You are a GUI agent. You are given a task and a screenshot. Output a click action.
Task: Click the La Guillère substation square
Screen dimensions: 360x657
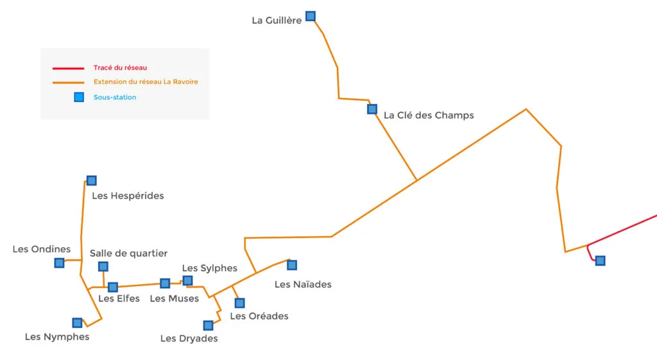[311, 16]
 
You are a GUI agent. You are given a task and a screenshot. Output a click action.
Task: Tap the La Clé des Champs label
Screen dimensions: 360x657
[429, 116]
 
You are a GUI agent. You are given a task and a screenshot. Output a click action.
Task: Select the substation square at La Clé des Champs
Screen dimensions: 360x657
[372, 109]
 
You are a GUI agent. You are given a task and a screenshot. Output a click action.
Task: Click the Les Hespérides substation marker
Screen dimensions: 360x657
[92, 181]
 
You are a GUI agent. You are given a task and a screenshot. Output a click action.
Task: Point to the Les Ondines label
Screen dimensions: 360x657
[42, 249]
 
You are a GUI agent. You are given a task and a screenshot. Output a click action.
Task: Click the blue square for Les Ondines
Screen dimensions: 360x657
[60, 262]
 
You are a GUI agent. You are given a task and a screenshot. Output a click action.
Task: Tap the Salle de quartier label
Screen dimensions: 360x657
[128, 253]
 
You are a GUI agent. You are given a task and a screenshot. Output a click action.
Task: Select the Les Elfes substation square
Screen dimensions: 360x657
[113, 287]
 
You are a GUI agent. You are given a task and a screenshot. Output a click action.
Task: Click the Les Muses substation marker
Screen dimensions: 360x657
[165, 284]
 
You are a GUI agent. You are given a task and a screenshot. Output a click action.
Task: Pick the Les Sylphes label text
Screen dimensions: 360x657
[210, 268]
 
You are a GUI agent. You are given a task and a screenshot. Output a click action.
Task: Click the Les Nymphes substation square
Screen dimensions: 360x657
[78, 323]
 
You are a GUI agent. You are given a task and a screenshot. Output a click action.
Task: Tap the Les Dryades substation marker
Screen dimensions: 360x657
[209, 325]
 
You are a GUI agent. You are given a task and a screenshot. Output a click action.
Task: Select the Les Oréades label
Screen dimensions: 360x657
[259, 316]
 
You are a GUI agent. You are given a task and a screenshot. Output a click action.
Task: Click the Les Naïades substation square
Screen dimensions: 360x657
[292, 265]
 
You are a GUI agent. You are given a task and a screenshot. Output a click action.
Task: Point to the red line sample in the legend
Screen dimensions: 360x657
[68, 67]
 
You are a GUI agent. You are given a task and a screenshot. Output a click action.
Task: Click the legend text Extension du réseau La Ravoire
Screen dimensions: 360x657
[146, 82]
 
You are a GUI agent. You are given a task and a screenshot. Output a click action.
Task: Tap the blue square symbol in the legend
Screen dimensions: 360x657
[79, 98]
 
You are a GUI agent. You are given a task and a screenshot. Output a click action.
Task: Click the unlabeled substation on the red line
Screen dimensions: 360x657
[600, 261]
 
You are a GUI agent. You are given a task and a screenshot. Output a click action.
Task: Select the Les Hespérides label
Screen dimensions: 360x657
[128, 196]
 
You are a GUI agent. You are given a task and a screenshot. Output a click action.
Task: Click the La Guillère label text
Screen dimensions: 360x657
[277, 21]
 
